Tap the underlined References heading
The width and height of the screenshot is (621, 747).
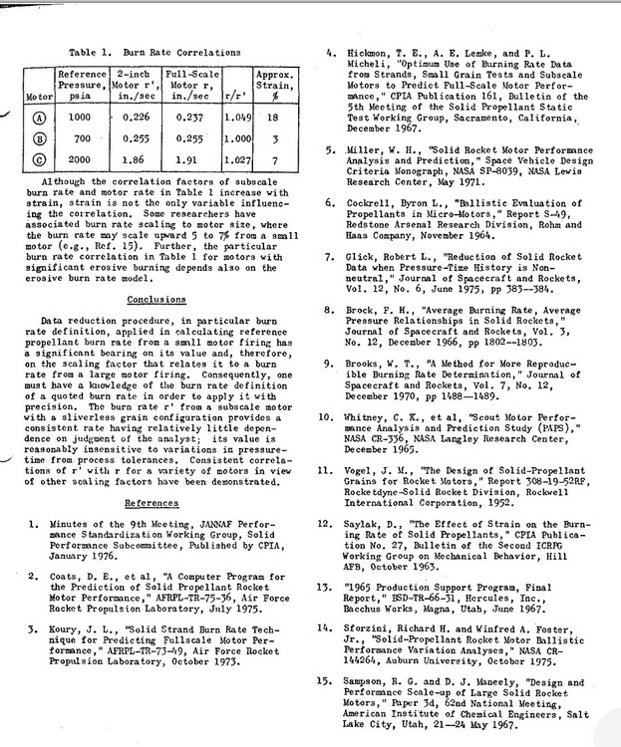pos(153,504)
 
